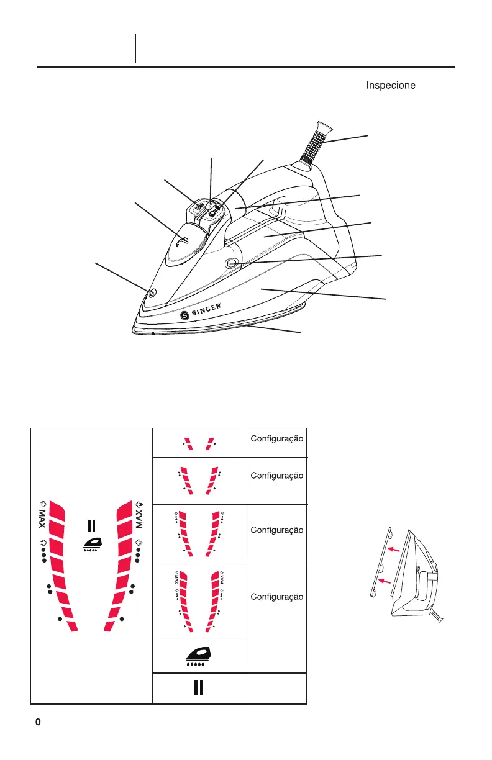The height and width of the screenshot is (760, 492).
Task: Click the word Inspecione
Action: tap(391, 85)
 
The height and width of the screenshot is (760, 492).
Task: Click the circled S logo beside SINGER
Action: tap(184, 316)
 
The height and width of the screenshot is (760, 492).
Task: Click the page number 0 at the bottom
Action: tap(38, 722)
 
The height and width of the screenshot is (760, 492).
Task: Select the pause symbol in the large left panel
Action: tap(91, 526)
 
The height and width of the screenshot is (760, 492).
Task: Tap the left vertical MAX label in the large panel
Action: tap(43, 516)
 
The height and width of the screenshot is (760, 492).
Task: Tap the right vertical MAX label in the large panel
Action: tap(140, 516)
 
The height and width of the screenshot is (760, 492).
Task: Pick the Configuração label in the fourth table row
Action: tap(276, 597)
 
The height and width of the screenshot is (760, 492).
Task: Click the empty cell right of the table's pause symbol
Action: tap(276, 689)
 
